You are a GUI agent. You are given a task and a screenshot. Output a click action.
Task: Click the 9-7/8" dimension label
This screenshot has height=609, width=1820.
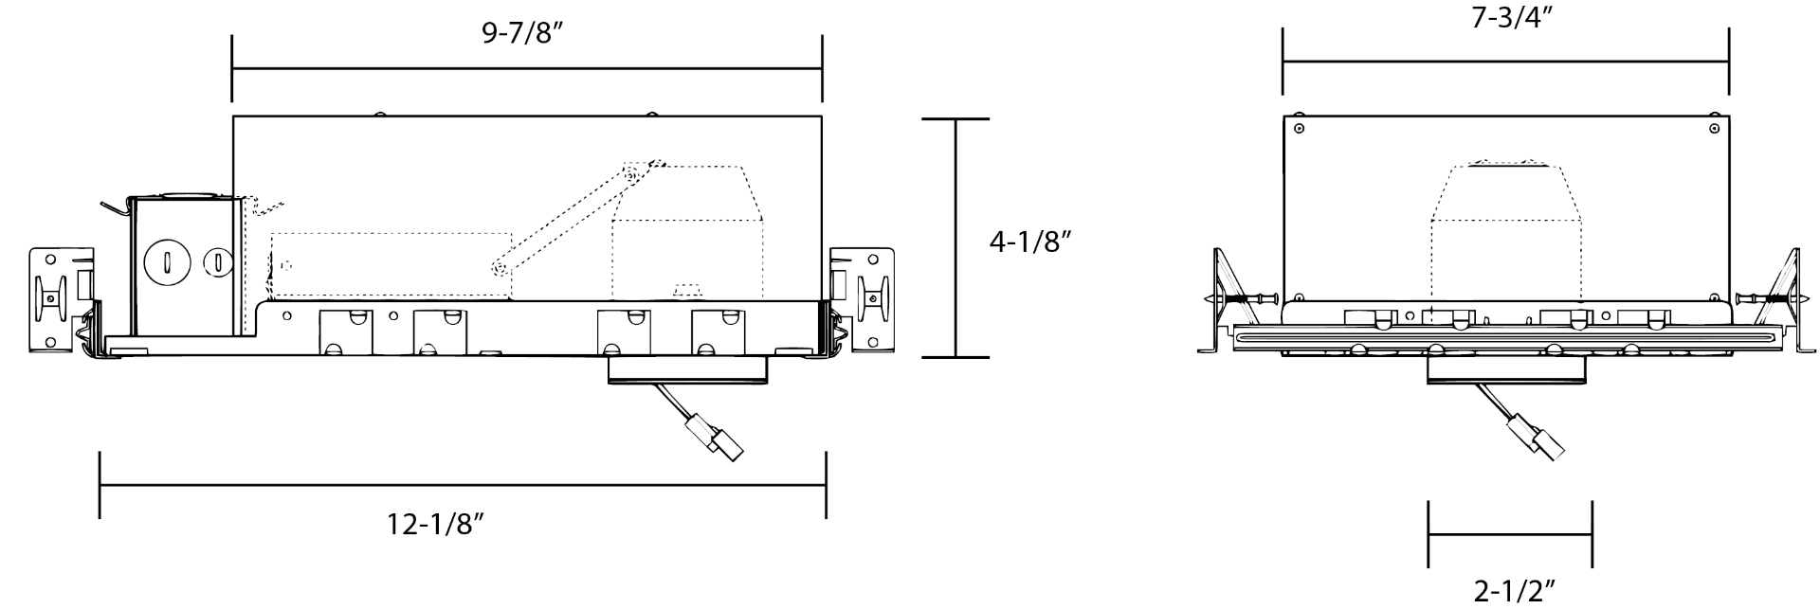pos(524,34)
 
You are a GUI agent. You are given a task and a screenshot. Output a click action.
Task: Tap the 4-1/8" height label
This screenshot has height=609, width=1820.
pos(1029,242)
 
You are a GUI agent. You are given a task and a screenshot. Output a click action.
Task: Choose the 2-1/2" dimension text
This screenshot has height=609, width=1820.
pos(1514,591)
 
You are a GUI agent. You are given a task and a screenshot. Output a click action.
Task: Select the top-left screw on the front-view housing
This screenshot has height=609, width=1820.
pos(1300,128)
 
